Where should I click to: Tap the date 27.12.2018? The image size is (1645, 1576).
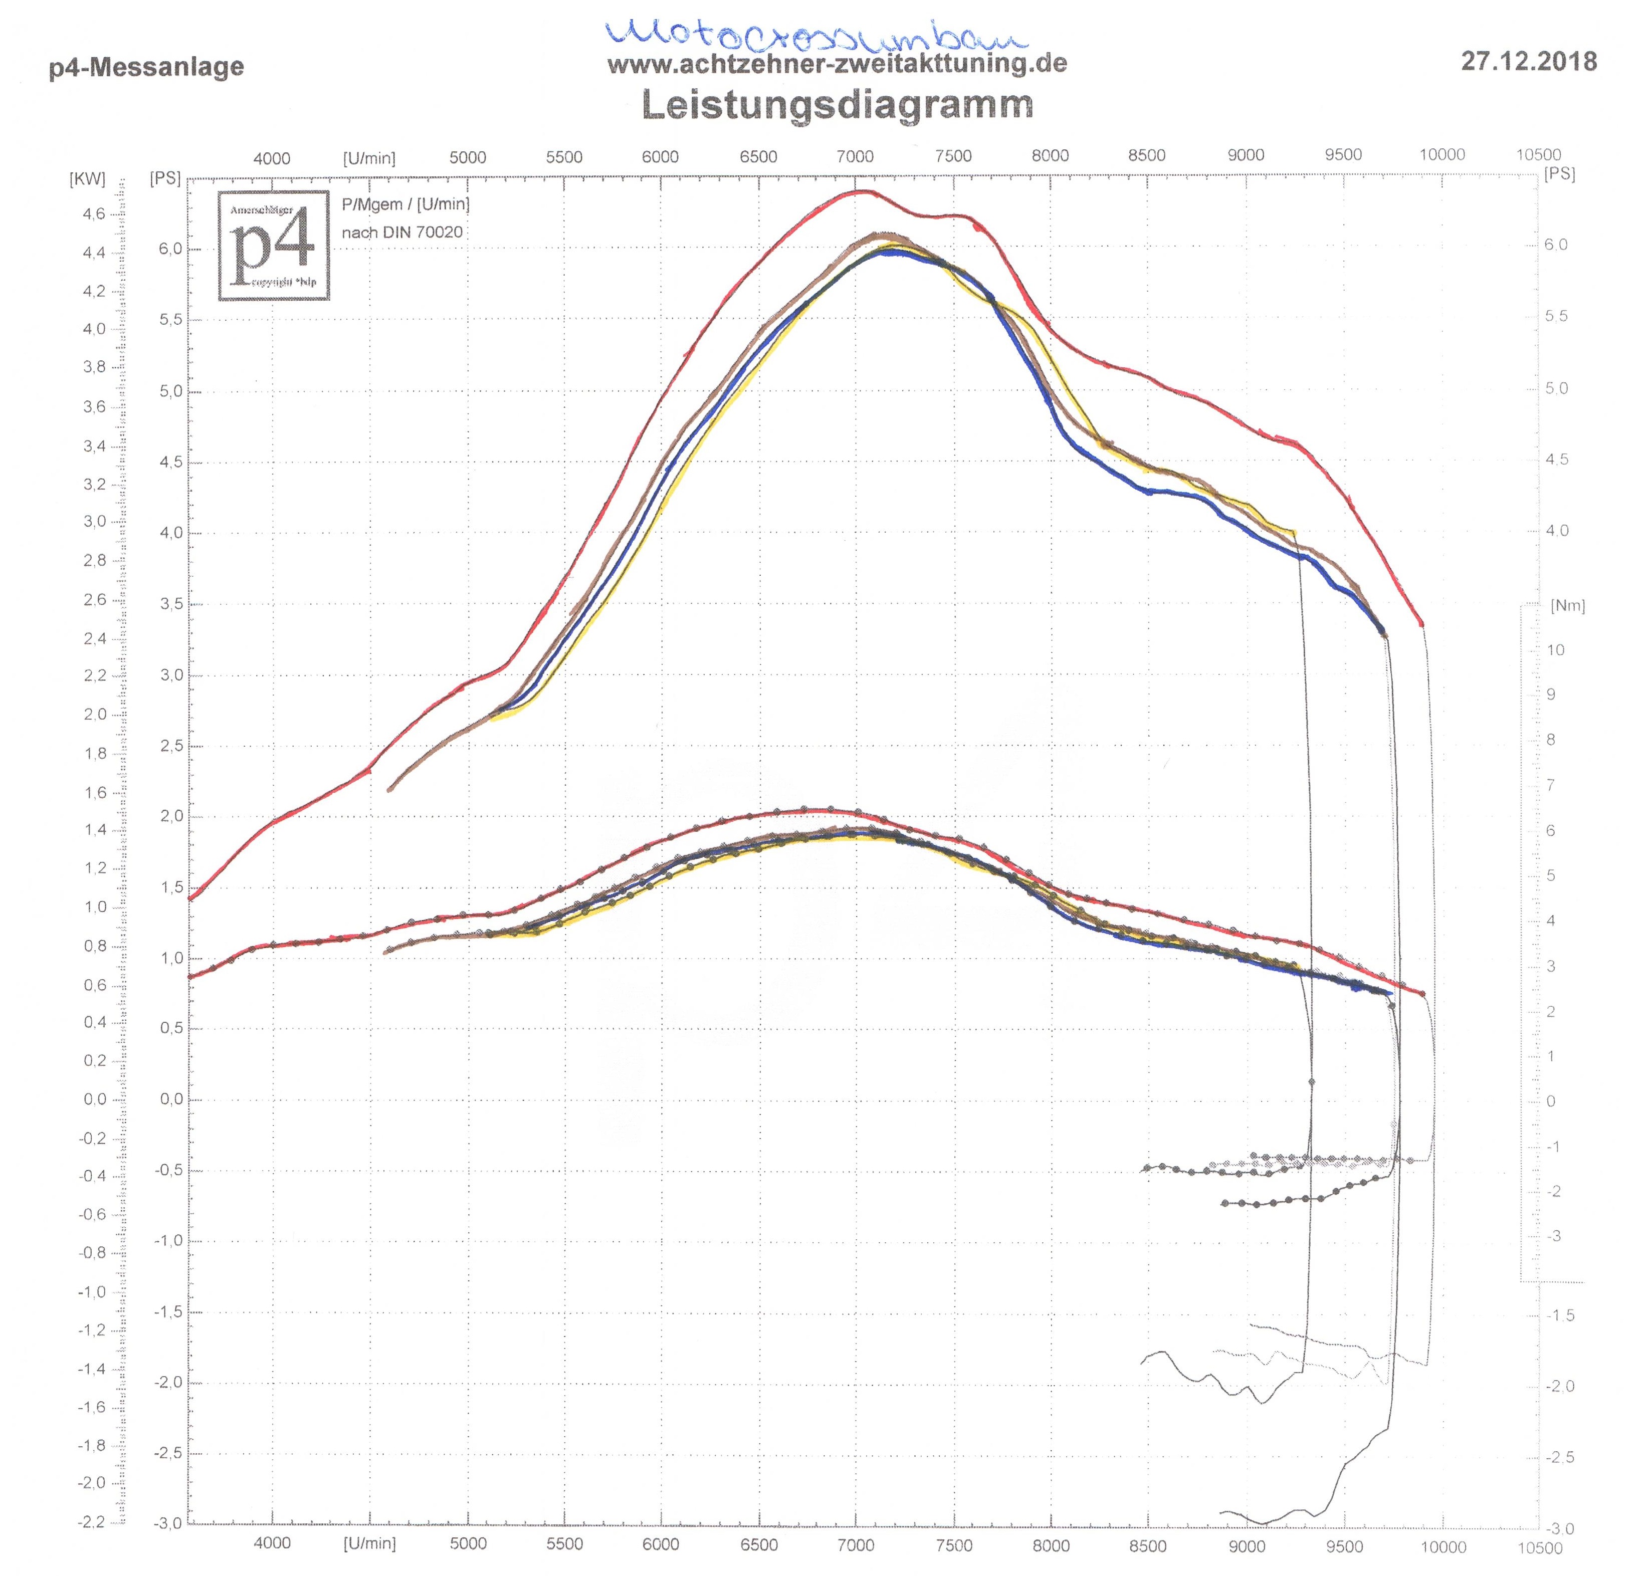[1528, 61]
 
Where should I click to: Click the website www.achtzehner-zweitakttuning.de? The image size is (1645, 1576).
[837, 64]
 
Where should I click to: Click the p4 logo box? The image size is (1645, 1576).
[274, 245]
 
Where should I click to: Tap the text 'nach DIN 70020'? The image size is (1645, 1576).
[402, 233]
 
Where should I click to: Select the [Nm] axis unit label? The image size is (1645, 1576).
[1567, 606]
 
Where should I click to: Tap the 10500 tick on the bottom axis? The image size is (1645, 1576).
[1539, 1548]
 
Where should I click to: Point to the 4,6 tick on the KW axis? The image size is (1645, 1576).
[94, 214]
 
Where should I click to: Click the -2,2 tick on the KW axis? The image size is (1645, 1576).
[92, 1522]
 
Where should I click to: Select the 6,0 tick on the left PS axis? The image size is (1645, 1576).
[170, 249]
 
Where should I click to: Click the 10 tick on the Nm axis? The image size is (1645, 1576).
[1555, 650]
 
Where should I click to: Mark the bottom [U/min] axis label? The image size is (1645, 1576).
[369, 1543]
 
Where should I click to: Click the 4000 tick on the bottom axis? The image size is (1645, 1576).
[272, 1543]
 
